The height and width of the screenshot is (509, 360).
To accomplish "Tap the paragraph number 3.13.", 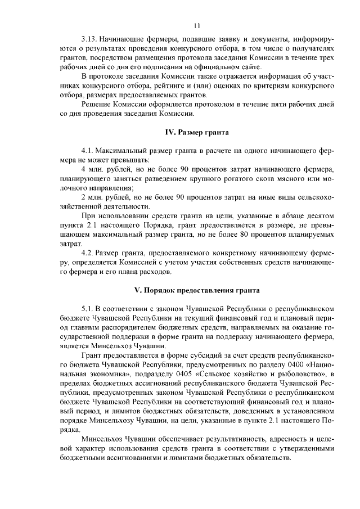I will [x=89, y=39].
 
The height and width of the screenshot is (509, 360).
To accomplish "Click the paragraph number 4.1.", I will [x=87, y=152].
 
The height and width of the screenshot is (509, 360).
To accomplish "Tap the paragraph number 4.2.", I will [x=87, y=254].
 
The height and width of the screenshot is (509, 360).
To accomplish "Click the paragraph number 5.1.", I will [x=87, y=309].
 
